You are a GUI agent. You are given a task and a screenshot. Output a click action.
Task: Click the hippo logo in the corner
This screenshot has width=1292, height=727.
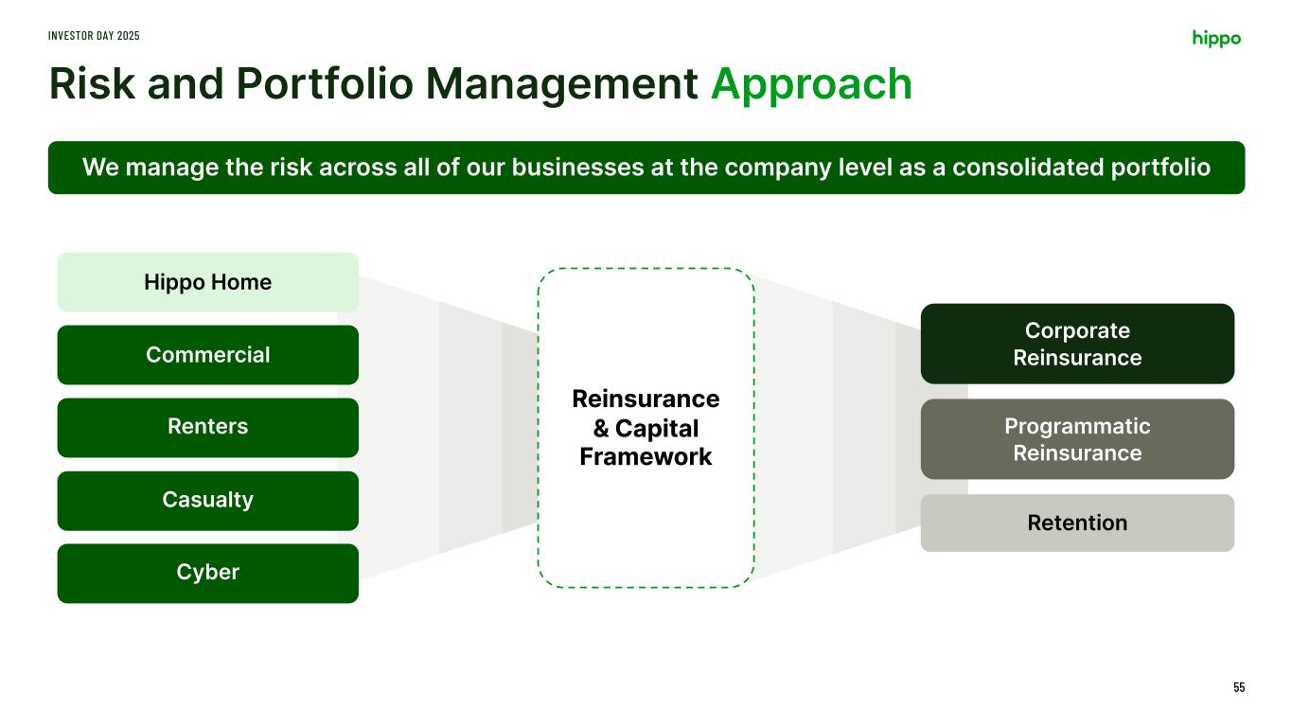coord(1216,38)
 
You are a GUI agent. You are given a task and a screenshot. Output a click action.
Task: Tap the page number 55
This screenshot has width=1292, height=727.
coord(1239,687)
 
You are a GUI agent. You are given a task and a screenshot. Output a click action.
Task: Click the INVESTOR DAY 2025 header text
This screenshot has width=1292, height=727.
coord(94,35)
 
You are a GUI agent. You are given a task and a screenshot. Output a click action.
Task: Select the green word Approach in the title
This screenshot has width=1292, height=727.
coord(811,84)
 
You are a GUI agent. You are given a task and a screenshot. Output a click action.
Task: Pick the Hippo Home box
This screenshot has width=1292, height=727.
coord(207,282)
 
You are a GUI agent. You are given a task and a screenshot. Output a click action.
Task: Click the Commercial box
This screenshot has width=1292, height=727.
coord(207,355)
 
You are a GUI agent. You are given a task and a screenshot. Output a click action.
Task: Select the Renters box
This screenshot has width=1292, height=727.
coord(207,427)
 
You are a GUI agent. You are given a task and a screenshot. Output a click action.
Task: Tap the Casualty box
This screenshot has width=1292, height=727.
coord(207,500)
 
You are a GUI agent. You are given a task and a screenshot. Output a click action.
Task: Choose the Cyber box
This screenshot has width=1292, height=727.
coord(207,573)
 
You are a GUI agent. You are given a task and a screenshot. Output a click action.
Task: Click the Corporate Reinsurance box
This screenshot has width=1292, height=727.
coord(1077,344)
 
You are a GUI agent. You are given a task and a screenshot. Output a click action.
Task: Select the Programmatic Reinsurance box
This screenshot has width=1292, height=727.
coord(1077,439)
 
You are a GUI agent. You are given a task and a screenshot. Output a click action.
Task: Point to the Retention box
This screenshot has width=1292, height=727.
coord(1077,523)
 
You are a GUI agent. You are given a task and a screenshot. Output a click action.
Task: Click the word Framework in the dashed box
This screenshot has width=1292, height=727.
coord(646,457)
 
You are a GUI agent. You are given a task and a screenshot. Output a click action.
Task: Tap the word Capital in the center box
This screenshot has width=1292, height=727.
coord(657,429)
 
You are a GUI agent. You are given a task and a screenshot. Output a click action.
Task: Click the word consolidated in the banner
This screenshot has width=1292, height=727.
coord(1019,168)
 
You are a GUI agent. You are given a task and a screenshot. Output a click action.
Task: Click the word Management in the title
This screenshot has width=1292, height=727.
coord(562,84)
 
